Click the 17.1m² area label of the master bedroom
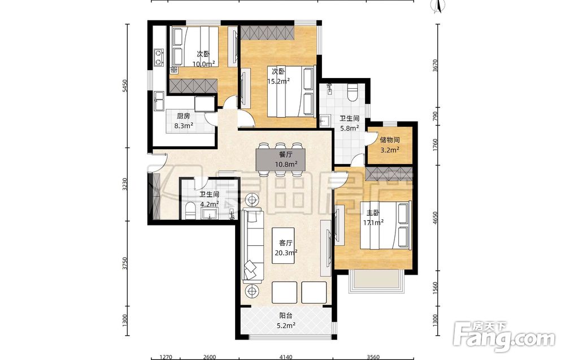coord(373,222)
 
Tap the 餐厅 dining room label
coord(285,154)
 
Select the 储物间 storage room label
coord(389,140)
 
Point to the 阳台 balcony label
coord(286,316)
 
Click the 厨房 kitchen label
coord(184,116)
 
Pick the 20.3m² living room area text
coord(286,253)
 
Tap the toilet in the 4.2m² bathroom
coord(190,211)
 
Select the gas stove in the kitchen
coord(159,58)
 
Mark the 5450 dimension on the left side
coord(124,86)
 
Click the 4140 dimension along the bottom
coord(286,357)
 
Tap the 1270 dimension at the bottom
coord(166,357)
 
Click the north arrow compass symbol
coord(438,6)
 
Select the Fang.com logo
coord(504,337)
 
